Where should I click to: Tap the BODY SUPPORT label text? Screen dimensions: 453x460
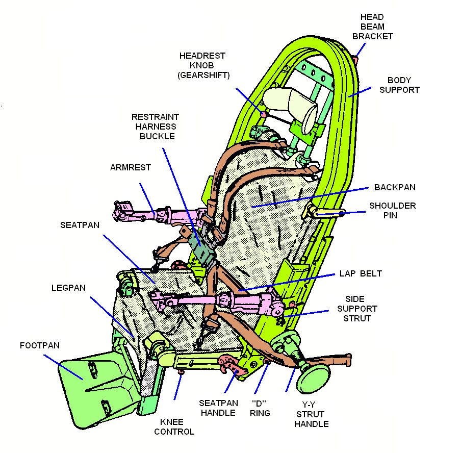click(403, 85)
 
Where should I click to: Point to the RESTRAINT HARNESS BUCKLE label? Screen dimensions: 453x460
click(155, 127)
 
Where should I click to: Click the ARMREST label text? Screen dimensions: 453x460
click(131, 167)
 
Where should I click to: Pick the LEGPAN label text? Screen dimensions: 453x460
click(68, 288)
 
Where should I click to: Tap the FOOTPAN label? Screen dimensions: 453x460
click(40, 345)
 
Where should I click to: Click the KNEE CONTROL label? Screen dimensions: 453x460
click(177, 426)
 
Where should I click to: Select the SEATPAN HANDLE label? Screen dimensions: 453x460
click(217, 408)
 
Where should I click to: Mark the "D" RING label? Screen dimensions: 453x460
click(260, 408)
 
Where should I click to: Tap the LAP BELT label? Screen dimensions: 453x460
click(361, 273)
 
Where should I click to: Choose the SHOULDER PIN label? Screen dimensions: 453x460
click(393, 210)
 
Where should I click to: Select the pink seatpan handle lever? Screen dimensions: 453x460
click(234, 366)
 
